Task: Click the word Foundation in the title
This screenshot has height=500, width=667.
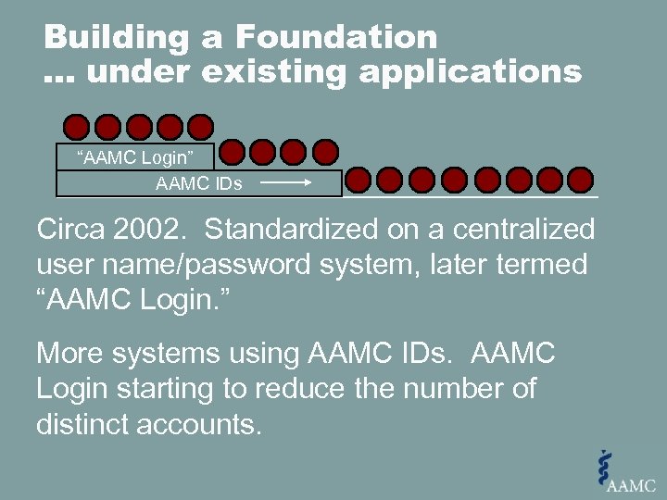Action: click(x=335, y=38)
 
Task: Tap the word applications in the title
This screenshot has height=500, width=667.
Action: click(x=471, y=71)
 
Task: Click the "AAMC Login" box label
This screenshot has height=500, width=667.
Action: click(x=135, y=156)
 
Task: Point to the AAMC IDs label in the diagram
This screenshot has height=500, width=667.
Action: click(x=199, y=183)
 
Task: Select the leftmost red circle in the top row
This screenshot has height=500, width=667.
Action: click(x=77, y=127)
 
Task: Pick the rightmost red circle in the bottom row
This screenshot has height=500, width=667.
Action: click(x=580, y=180)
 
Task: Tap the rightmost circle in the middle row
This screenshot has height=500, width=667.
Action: click(x=325, y=152)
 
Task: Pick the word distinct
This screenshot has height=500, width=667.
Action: click(x=88, y=425)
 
